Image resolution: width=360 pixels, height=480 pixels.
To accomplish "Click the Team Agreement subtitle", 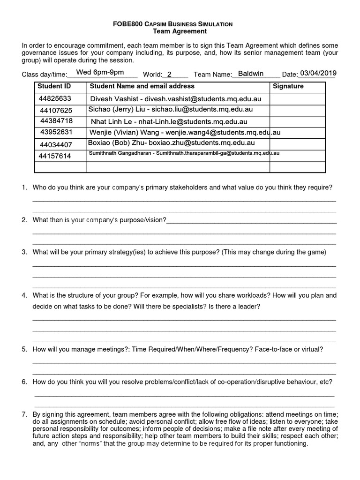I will tap(180, 31).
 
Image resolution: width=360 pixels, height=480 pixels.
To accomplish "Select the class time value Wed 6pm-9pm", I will tap(100, 72).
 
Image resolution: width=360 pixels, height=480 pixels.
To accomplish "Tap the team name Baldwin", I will tap(251, 74).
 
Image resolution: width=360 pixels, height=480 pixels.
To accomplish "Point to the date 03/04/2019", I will tap(318, 73).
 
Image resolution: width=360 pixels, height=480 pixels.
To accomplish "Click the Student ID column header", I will tap(54, 86).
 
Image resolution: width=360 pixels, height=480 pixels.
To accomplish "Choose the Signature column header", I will tap(288, 86).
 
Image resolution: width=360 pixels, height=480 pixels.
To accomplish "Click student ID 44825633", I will tap(55, 98).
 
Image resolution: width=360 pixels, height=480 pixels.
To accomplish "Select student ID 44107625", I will tap(56, 110).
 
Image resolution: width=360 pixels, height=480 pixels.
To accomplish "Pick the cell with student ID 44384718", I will tap(56, 121).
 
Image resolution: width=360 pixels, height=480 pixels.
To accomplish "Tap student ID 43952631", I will tap(56, 132).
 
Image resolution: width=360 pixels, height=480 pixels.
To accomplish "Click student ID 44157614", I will tap(55, 156).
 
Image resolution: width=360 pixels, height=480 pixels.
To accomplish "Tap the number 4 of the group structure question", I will tap(23, 295).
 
